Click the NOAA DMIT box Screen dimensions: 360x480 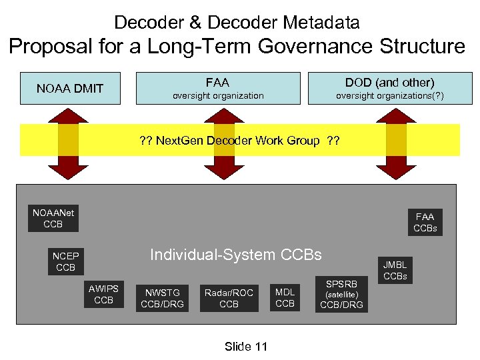70,88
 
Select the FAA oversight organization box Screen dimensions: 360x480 218,88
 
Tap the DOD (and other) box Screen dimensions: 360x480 389,88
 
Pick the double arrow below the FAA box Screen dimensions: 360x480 218,141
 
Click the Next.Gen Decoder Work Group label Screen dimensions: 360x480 239,141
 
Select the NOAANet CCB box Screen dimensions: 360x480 53,219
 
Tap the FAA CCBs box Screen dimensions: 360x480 424,222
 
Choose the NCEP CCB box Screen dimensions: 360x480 65,261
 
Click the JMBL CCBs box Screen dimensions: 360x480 395,270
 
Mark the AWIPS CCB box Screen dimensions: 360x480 103,294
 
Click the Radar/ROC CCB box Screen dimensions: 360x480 229,298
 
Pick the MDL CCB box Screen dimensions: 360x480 285,298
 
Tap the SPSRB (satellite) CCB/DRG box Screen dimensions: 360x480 341,294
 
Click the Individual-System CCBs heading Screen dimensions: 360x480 235,255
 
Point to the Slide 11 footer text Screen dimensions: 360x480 246,346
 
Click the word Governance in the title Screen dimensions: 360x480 299,46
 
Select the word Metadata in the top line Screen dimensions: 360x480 323,22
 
